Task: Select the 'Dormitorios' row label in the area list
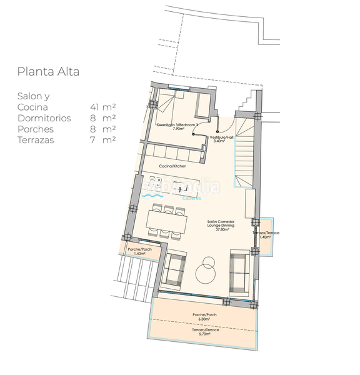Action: (x=44, y=117)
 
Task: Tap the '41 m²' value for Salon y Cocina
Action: (x=102, y=107)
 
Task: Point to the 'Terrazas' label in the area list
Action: (x=36, y=140)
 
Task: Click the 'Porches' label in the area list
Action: (x=36, y=129)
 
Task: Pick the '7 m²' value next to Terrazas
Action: (x=104, y=140)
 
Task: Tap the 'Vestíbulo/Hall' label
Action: (x=221, y=139)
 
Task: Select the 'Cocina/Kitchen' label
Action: (x=172, y=166)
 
